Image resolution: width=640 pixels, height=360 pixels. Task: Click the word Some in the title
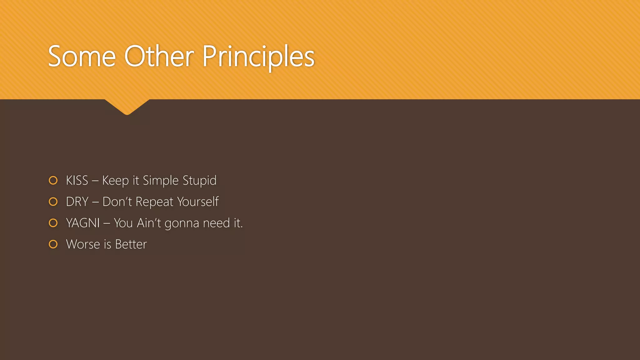pyautogui.click(x=82, y=57)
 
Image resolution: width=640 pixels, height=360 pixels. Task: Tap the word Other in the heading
pyautogui.click(x=159, y=57)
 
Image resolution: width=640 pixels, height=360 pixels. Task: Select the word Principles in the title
pyautogui.click(x=258, y=57)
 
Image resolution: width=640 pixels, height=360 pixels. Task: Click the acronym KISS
pyautogui.click(x=77, y=181)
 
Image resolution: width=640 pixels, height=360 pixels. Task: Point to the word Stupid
pyautogui.click(x=199, y=181)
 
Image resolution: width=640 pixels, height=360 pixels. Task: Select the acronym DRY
pyautogui.click(x=77, y=202)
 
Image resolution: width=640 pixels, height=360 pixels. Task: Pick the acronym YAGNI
pyautogui.click(x=83, y=223)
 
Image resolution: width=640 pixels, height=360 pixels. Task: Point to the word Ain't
pyautogui.click(x=149, y=223)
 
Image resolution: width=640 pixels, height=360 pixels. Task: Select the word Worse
pyautogui.click(x=83, y=244)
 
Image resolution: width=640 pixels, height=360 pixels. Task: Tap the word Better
pyautogui.click(x=131, y=244)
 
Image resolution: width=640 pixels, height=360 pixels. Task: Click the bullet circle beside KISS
pyautogui.click(x=53, y=181)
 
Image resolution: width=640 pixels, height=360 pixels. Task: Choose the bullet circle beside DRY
pyautogui.click(x=53, y=202)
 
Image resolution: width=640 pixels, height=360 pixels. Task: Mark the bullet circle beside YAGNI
pyautogui.click(x=53, y=223)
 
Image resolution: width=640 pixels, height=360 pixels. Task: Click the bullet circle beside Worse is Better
pyautogui.click(x=53, y=244)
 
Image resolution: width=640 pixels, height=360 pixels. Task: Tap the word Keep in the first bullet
pyautogui.click(x=115, y=181)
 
